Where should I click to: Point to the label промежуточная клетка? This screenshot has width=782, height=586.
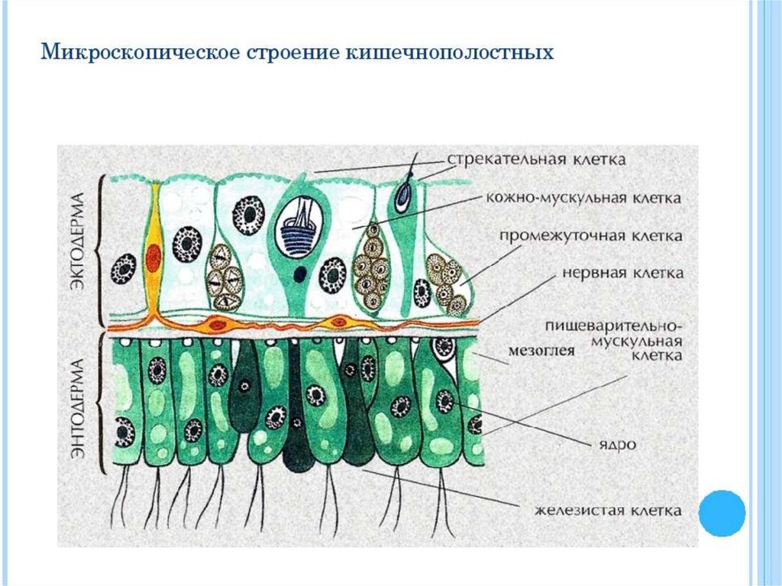pyautogui.click(x=591, y=236)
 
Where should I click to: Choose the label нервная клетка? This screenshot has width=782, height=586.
pyautogui.click(x=622, y=273)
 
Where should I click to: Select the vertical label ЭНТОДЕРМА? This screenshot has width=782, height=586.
pyautogui.click(x=77, y=405)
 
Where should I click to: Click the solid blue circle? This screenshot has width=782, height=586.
pyautogui.click(x=722, y=513)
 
